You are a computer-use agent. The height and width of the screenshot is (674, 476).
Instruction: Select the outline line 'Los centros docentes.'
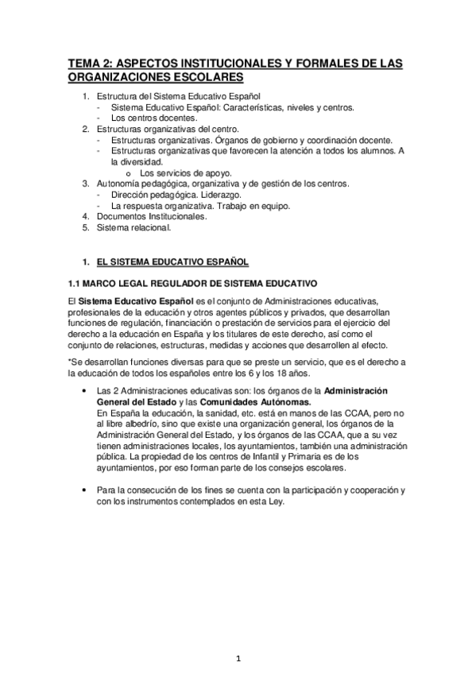click(x=153, y=118)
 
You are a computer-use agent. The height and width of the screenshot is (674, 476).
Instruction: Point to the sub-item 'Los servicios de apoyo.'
click(x=186, y=172)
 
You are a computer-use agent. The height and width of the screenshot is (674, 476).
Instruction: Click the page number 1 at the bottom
click(x=238, y=657)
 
